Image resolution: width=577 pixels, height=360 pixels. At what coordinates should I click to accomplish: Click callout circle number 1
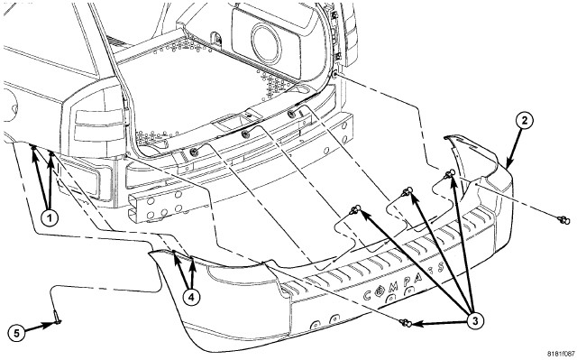point(49,218)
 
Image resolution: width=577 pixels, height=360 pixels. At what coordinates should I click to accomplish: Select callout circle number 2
point(524,120)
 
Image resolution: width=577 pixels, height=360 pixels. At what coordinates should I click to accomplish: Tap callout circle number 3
point(475,321)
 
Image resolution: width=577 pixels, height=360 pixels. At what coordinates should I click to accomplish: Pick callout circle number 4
point(191,297)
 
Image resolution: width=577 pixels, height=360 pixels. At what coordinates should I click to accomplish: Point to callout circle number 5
point(16,334)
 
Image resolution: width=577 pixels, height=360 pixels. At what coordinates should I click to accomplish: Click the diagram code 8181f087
point(561,354)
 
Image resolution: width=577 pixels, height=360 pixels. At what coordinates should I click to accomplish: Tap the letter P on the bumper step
point(408,282)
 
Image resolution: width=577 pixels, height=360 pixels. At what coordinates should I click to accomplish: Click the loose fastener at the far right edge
point(563,220)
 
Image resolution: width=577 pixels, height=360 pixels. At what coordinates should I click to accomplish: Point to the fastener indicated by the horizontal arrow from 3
point(405,323)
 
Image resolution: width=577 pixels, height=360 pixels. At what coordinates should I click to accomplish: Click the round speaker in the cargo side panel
point(266,42)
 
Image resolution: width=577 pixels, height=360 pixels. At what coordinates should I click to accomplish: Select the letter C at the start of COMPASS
point(367,296)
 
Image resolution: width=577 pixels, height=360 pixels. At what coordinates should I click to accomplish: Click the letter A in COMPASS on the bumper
point(418,276)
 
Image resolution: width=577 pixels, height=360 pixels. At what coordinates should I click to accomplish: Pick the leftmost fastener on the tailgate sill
point(193,152)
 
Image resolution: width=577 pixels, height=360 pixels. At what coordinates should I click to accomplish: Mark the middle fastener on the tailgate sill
point(245,134)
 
